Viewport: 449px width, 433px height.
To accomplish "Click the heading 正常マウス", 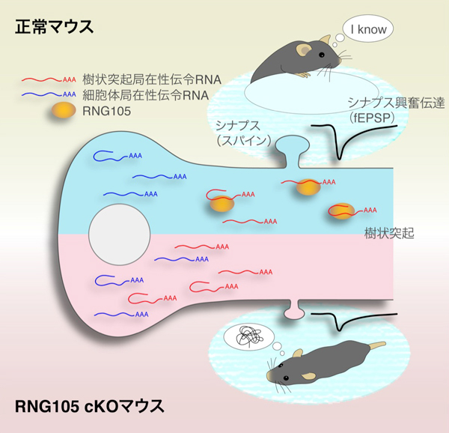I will pyautogui.click(x=53, y=27).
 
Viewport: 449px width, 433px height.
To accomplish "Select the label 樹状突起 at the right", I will pyautogui.click(x=387, y=234).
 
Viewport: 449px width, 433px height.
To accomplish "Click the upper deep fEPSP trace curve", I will pyautogui.click(x=340, y=150).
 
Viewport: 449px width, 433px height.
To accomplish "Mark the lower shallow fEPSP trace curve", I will pyautogui.click(x=341, y=324).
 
